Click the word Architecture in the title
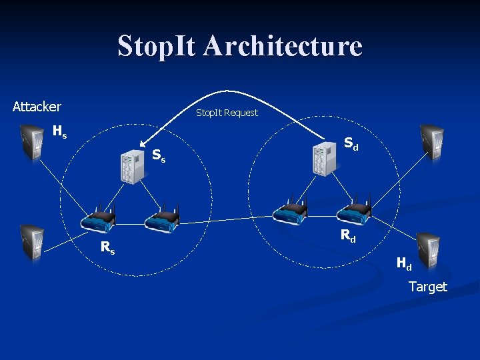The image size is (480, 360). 283,46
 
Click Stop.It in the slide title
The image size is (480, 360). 158,46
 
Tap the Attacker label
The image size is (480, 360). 37,107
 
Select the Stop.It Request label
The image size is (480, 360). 227,113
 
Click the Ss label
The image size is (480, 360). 159,156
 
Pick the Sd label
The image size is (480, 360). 351,143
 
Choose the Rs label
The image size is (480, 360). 107,247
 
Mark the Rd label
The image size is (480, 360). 348,235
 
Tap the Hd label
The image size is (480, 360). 404,263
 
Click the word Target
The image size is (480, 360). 428,287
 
